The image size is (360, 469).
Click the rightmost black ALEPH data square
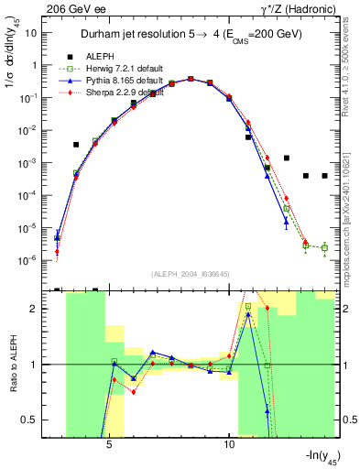[324, 176]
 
